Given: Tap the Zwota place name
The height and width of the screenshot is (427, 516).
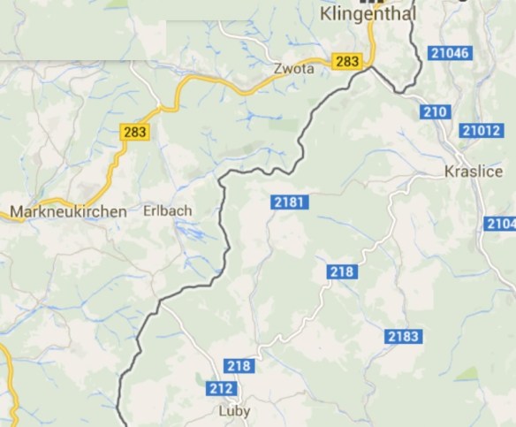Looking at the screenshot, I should (295, 68).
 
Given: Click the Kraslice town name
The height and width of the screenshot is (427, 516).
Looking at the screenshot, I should (474, 172).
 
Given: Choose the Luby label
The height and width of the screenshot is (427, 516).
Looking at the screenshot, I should (234, 411).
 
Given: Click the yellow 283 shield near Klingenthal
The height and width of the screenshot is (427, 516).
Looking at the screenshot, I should (347, 61).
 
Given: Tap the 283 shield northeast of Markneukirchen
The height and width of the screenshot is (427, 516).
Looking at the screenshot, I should (135, 133).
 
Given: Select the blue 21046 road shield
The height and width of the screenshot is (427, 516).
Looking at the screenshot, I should (451, 54).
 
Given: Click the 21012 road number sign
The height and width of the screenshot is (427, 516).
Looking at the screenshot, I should (481, 132).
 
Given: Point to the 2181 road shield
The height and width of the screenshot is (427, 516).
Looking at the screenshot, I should (289, 203).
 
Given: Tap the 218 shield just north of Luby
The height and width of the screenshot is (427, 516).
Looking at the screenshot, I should (239, 366).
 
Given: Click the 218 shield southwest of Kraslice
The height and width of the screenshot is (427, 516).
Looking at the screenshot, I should (341, 271).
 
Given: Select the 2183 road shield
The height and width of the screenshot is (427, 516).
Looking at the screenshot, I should (403, 336).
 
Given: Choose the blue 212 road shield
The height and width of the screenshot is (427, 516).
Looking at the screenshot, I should (220, 387).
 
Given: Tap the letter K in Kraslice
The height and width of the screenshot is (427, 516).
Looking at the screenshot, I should (451, 172).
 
